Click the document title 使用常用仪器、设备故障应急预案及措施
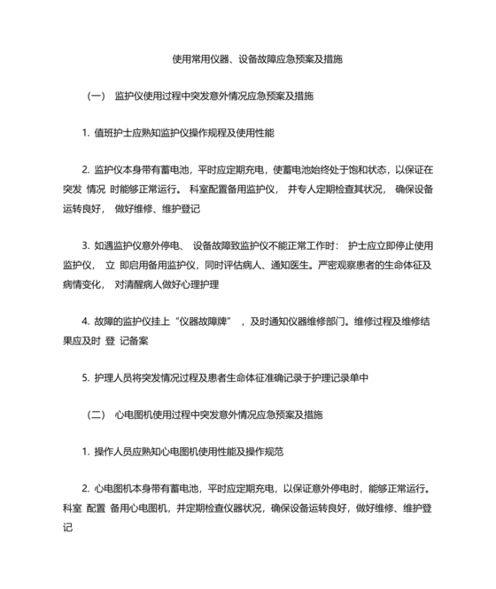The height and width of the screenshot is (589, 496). coord(257,59)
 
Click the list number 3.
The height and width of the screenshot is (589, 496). coord(84,245)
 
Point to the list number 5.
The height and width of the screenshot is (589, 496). coord(84,378)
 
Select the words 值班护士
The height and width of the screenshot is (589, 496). coord(112,133)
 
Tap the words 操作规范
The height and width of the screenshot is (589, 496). coord(262,452)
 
